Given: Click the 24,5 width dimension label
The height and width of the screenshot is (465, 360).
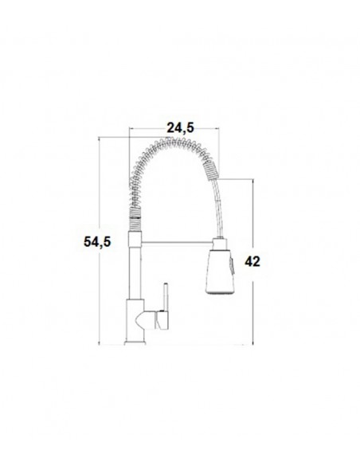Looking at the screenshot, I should pyautogui.click(x=180, y=125).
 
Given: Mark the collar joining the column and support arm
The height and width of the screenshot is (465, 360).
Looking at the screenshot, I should pyautogui.click(x=134, y=238).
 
